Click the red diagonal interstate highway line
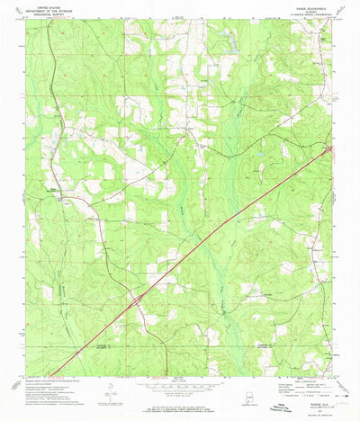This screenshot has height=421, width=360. (x=234, y=225)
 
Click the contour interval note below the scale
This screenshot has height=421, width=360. (x=180, y=395)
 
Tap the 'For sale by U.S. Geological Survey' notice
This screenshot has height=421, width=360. (x=180, y=402)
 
